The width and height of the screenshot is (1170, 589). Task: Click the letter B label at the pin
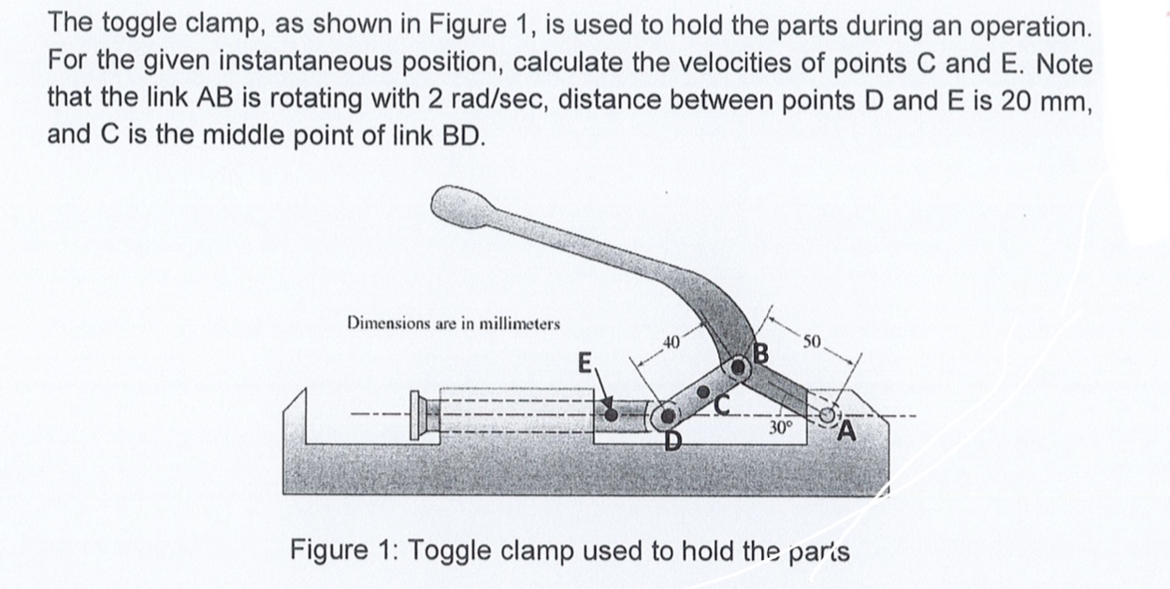(760, 355)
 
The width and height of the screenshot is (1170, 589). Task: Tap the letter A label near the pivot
(847, 431)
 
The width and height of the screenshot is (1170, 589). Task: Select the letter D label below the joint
(672, 438)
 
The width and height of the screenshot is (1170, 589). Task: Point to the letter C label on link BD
(723, 404)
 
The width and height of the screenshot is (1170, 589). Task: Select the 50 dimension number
(811, 342)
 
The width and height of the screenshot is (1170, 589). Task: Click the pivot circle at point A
(828, 413)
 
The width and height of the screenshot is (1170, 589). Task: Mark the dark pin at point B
(739, 368)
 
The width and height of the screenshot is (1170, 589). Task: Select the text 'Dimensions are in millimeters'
(454, 323)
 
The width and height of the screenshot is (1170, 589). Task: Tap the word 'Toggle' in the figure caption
(448, 550)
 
